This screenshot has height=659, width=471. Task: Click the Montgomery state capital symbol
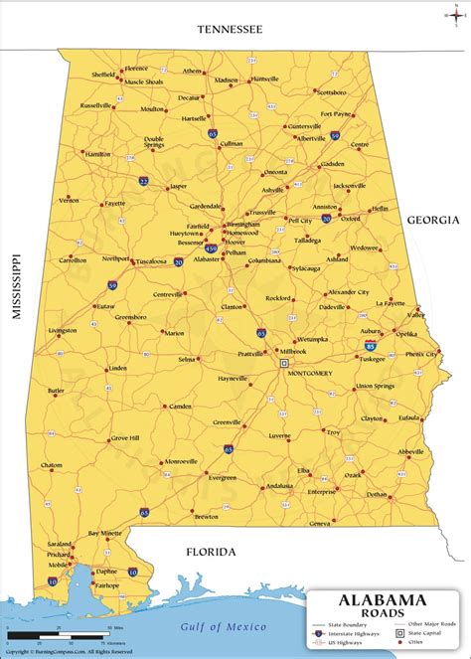[269, 363]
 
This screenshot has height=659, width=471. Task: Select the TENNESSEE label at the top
[230, 30]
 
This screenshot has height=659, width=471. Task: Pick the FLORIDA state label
[210, 550]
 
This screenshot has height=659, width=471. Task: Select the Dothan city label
[375, 494]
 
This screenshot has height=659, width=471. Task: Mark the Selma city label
[187, 359]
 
